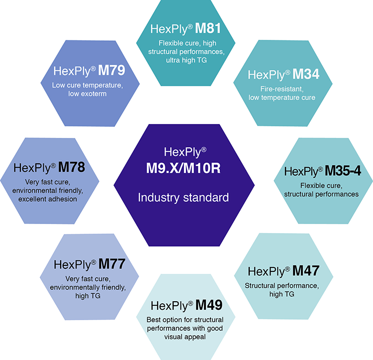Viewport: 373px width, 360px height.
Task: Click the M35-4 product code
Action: pyautogui.click(x=343, y=171)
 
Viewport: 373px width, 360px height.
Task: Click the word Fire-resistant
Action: pyautogui.click(x=281, y=89)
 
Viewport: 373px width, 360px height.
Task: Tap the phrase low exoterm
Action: pyautogui.click(x=88, y=94)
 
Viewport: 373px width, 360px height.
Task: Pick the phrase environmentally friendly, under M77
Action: pyautogui.click(x=88, y=287)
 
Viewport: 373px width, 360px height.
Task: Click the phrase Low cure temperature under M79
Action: pyautogui.click(x=88, y=85)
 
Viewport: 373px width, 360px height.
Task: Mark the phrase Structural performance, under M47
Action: pyautogui.click(x=281, y=286)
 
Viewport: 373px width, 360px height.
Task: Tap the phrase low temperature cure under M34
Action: pyautogui.click(x=281, y=98)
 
